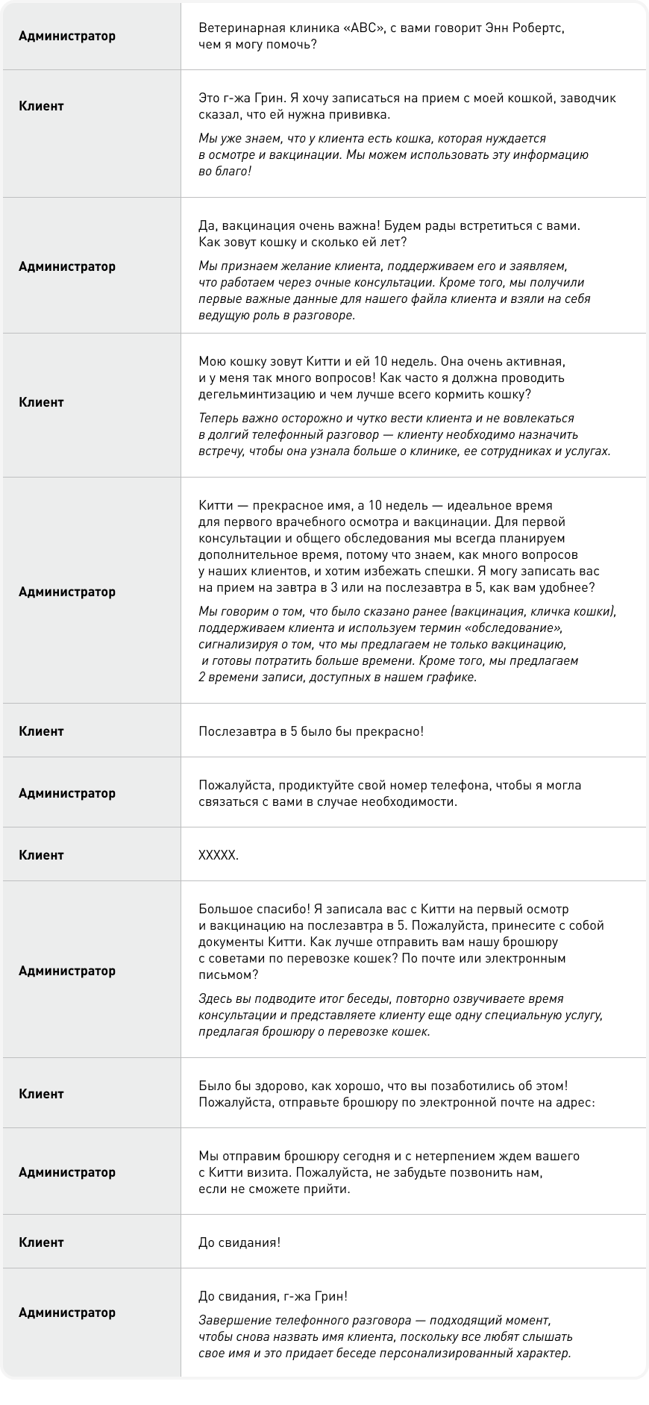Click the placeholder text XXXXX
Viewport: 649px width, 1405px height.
pos(219,855)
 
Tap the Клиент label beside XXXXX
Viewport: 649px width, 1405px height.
pos(41,855)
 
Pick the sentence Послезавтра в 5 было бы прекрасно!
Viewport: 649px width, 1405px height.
pos(311,731)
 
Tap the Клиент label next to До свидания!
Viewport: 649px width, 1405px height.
pos(41,1242)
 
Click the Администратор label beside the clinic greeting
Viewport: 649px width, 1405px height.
pos(67,36)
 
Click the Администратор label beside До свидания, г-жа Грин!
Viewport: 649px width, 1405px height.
pos(67,1312)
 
